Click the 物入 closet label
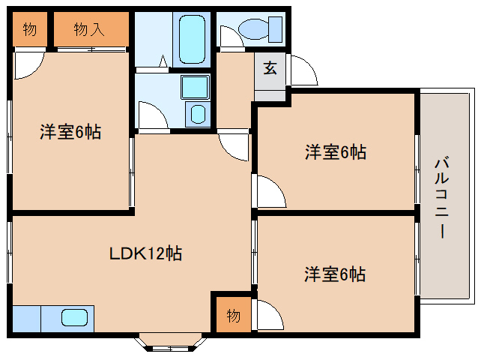[x=89, y=30]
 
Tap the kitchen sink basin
[x=74, y=318]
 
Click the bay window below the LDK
[x=170, y=342]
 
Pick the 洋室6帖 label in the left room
[x=70, y=133]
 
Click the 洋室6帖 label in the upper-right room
[x=335, y=152]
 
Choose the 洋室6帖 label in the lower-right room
[x=335, y=274]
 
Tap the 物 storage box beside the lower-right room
[x=234, y=316]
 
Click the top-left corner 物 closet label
[x=29, y=30]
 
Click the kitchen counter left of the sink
[x=27, y=319]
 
